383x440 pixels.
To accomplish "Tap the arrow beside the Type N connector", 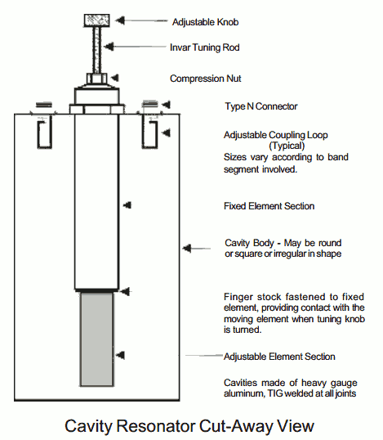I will [167, 105].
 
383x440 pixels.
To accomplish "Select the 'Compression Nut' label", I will [205, 79].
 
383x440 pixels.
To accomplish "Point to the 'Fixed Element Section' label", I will [269, 206].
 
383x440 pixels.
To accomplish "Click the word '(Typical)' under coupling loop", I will [280, 145].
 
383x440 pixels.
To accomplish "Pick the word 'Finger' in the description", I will [238, 296].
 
